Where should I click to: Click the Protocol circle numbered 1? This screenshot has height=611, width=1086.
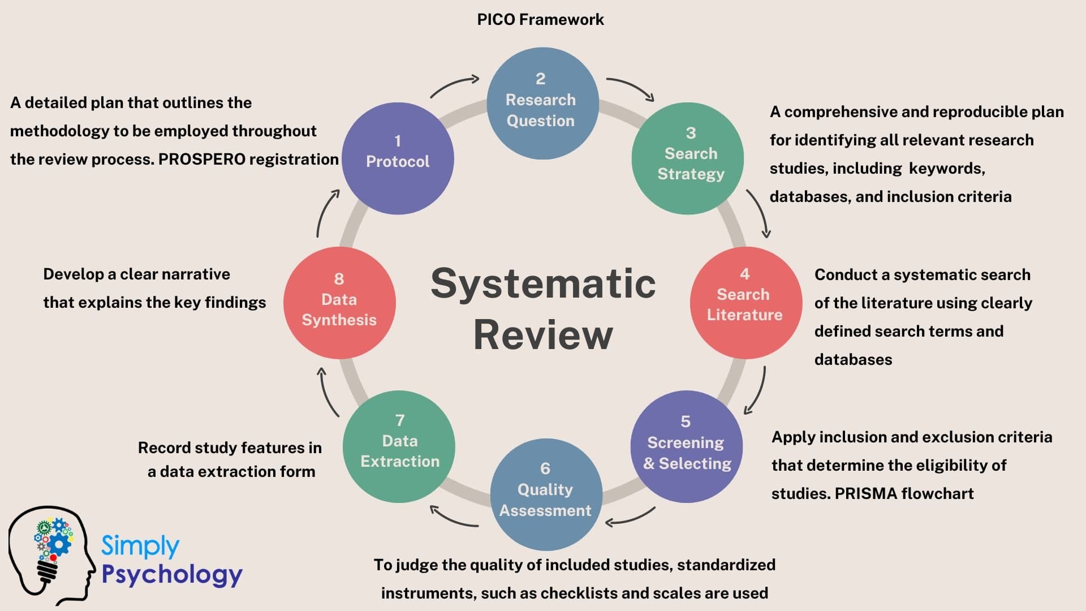(398, 158)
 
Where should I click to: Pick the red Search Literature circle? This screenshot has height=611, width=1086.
(745, 303)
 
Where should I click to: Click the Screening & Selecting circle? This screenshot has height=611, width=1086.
(686, 447)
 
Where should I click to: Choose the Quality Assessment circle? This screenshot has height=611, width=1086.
(546, 494)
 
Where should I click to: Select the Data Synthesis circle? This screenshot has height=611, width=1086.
(339, 303)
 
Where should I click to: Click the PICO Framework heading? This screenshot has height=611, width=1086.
(540, 19)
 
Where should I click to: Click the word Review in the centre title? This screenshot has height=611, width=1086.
(543, 335)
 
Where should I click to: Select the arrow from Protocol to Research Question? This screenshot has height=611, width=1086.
(454, 86)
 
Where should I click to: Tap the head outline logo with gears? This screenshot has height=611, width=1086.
(51, 554)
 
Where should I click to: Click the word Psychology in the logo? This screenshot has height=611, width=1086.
(172, 574)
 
